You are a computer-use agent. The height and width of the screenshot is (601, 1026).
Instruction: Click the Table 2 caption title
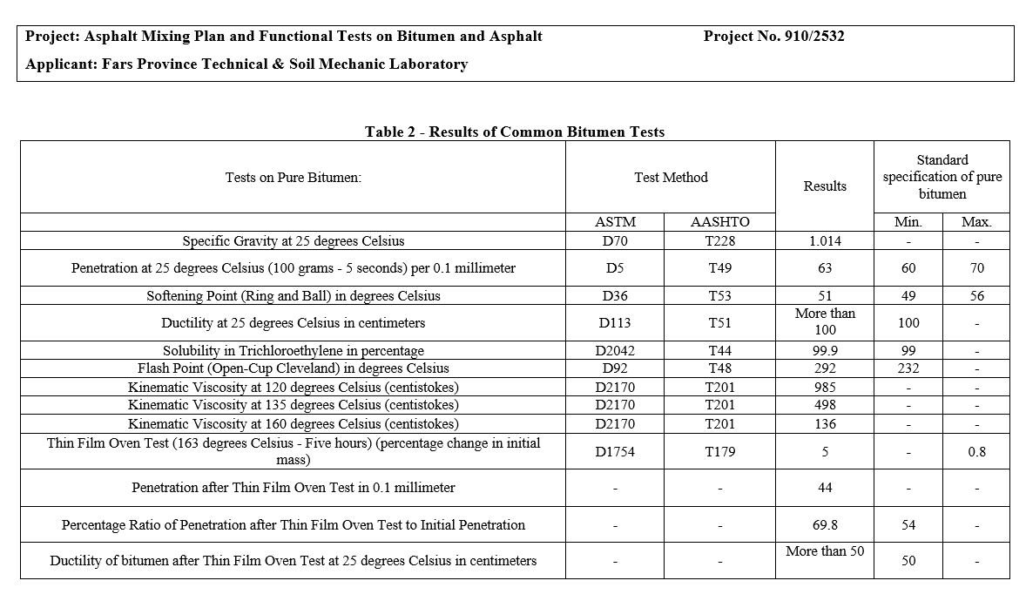click(514, 132)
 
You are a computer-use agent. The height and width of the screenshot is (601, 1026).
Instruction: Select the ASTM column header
click(615, 222)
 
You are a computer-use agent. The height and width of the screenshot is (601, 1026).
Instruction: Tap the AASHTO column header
click(719, 222)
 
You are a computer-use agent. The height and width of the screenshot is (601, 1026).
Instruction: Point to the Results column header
click(824, 186)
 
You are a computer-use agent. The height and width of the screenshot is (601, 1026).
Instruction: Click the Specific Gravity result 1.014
click(824, 240)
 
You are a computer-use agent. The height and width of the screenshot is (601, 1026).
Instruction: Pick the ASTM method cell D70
click(615, 240)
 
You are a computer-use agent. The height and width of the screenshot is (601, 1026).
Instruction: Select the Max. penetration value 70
click(976, 268)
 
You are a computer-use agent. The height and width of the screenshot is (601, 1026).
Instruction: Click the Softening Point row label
click(294, 295)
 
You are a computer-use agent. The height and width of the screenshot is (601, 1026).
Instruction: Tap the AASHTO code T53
click(719, 295)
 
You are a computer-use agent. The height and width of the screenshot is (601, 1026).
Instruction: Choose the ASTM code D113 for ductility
click(615, 323)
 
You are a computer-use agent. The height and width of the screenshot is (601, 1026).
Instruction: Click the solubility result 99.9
click(824, 350)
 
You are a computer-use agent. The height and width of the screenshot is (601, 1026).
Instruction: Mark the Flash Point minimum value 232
click(908, 368)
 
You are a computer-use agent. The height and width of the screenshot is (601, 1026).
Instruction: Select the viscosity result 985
click(824, 387)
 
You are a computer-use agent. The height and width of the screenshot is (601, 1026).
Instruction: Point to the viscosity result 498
click(824, 405)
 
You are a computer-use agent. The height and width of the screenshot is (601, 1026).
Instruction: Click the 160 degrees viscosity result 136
click(824, 424)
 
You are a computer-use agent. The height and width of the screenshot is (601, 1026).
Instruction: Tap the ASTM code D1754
click(615, 452)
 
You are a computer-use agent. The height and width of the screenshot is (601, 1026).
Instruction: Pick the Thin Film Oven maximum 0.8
click(976, 452)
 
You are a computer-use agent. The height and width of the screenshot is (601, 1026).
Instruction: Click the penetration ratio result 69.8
click(824, 525)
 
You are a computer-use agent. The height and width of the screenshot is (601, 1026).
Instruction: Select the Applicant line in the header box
click(246, 64)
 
